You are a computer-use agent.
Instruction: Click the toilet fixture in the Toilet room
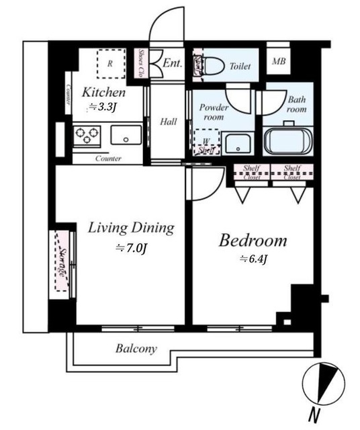pyautogui.click(x=210, y=66)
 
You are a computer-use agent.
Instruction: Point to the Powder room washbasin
pyautogui.click(x=236, y=144)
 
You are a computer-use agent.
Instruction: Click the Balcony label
pyautogui.click(x=136, y=349)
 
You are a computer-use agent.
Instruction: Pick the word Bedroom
pyautogui.click(x=253, y=241)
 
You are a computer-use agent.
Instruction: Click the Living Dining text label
pyautogui.click(x=131, y=228)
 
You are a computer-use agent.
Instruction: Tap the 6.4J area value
pyautogui.click(x=253, y=259)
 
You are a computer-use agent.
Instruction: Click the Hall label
pyautogui.click(x=168, y=122)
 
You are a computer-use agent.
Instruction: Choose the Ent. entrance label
pyautogui.click(x=172, y=64)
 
